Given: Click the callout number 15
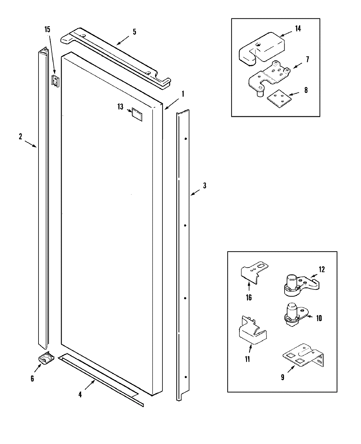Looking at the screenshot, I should point(48,30).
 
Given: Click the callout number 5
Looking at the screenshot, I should point(134,32).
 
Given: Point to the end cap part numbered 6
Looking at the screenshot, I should point(46,358).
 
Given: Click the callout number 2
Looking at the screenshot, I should point(20,136).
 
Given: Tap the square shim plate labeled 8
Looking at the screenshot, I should point(279,99).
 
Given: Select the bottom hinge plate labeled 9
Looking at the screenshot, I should point(304,356).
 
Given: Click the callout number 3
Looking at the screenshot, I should point(204,186).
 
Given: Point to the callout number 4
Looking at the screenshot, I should point(80,394).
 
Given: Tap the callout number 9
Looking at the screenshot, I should point(282,377).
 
